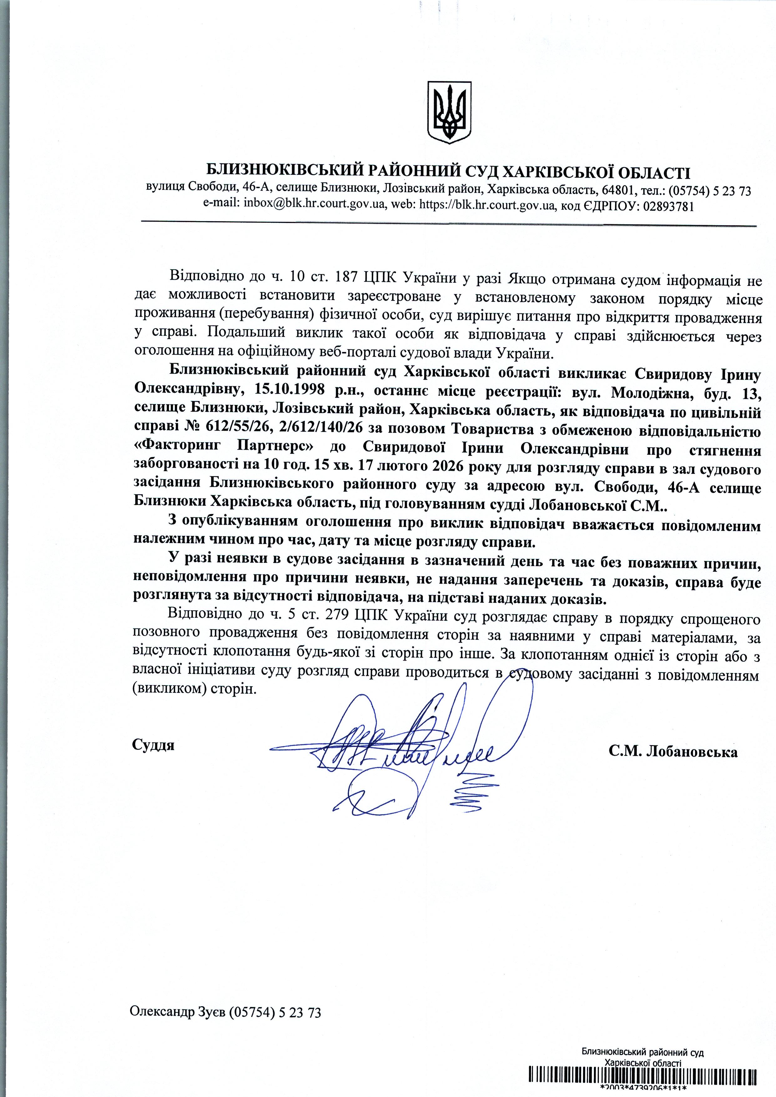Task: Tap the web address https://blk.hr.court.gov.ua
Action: point(487,206)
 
